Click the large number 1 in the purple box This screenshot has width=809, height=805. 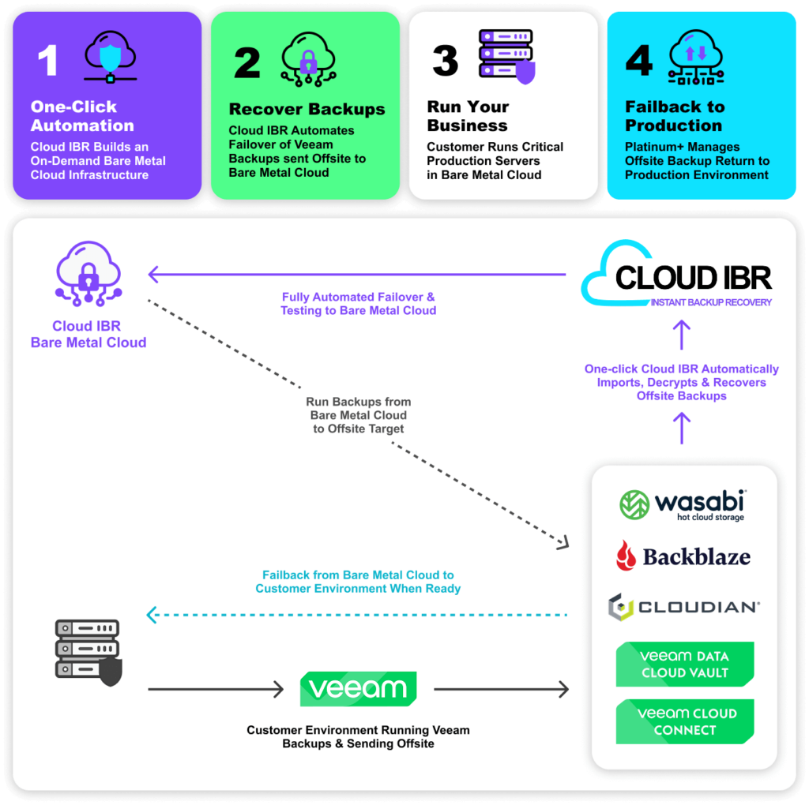(x=48, y=61)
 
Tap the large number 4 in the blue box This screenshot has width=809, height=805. (x=638, y=61)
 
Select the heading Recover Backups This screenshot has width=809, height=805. (x=307, y=110)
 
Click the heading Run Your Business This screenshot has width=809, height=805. (x=468, y=116)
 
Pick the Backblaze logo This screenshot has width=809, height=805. (x=683, y=556)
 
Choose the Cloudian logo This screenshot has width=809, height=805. (x=683, y=607)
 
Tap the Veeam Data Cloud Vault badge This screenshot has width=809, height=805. (x=684, y=665)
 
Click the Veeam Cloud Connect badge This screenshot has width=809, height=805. (x=684, y=721)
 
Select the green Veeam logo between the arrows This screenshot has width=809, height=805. (x=358, y=689)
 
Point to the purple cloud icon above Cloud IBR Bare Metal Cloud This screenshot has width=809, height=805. (x=88, y=274)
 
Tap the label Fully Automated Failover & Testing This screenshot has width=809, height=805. (x=358, y=304)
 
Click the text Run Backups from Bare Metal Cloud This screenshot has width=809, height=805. (x=358, y=414)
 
